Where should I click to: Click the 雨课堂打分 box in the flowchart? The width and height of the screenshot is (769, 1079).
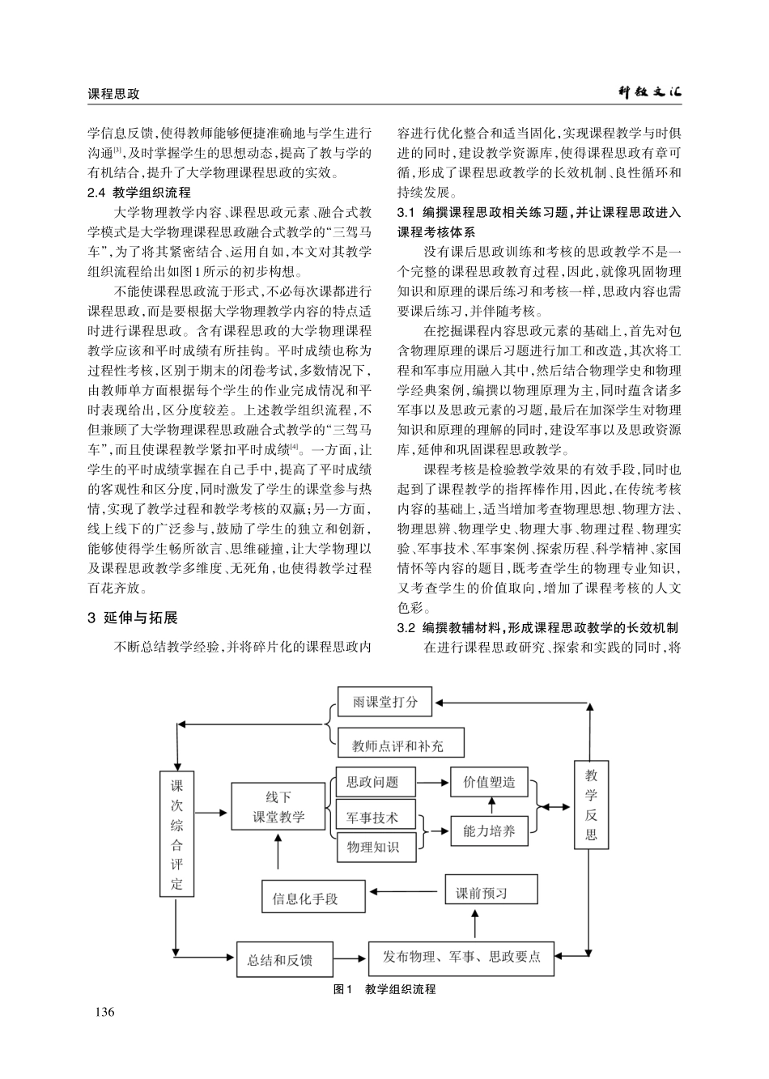pos(384,702)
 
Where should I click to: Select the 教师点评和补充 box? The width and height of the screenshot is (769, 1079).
pos(397,745)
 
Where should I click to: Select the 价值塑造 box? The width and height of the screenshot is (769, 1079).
pos(489,782)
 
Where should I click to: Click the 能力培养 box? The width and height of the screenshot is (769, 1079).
pos(489,830)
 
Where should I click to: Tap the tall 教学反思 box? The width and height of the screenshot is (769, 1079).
pos(591,805)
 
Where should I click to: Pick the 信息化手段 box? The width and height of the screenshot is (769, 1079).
pos(305,898)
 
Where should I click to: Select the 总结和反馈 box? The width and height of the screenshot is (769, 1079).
pos(279,960)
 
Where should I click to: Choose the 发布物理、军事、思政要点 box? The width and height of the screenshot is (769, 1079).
pos(461,958)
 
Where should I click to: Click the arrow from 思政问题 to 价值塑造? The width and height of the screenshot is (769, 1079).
pos(433,783)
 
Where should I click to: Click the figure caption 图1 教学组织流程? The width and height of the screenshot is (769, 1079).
pos(384,989)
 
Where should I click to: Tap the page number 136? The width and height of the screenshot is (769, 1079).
pos(105,1013)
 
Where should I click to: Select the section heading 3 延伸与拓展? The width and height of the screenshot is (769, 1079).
pos(132,618)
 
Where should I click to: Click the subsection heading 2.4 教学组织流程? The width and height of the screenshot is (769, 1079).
pos(138,193)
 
